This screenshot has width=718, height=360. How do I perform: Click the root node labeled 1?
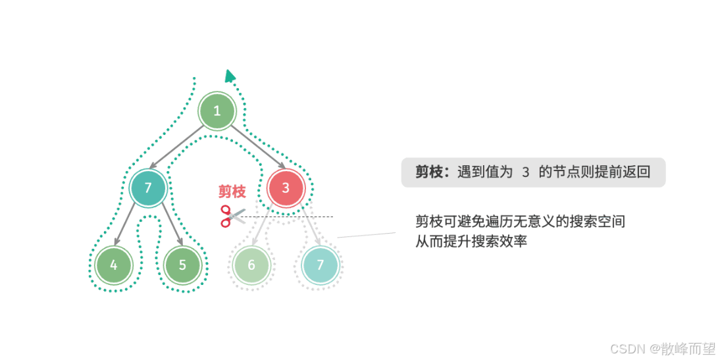click(x=217, y=112)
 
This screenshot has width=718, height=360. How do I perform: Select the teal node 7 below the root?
click(x=148, y=188)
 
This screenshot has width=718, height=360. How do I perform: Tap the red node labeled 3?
click(x=286, y=188)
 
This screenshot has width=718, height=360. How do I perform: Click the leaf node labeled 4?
click(x=114, y=265)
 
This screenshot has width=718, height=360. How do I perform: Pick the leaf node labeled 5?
click(x=182, y=265)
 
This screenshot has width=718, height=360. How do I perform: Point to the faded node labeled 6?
click(x=251, y=265)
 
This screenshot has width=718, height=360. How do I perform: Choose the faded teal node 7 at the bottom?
click(x=321, y=265)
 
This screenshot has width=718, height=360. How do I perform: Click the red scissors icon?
click(x=231, y=216)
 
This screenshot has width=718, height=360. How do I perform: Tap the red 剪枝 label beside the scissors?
click(x=232, y=192)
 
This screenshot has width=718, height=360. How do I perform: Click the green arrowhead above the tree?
click(x=229, y=76)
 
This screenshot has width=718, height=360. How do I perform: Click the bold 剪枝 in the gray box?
click(x=428, y=172)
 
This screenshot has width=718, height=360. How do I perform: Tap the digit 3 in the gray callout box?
click(x=525, y=172)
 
